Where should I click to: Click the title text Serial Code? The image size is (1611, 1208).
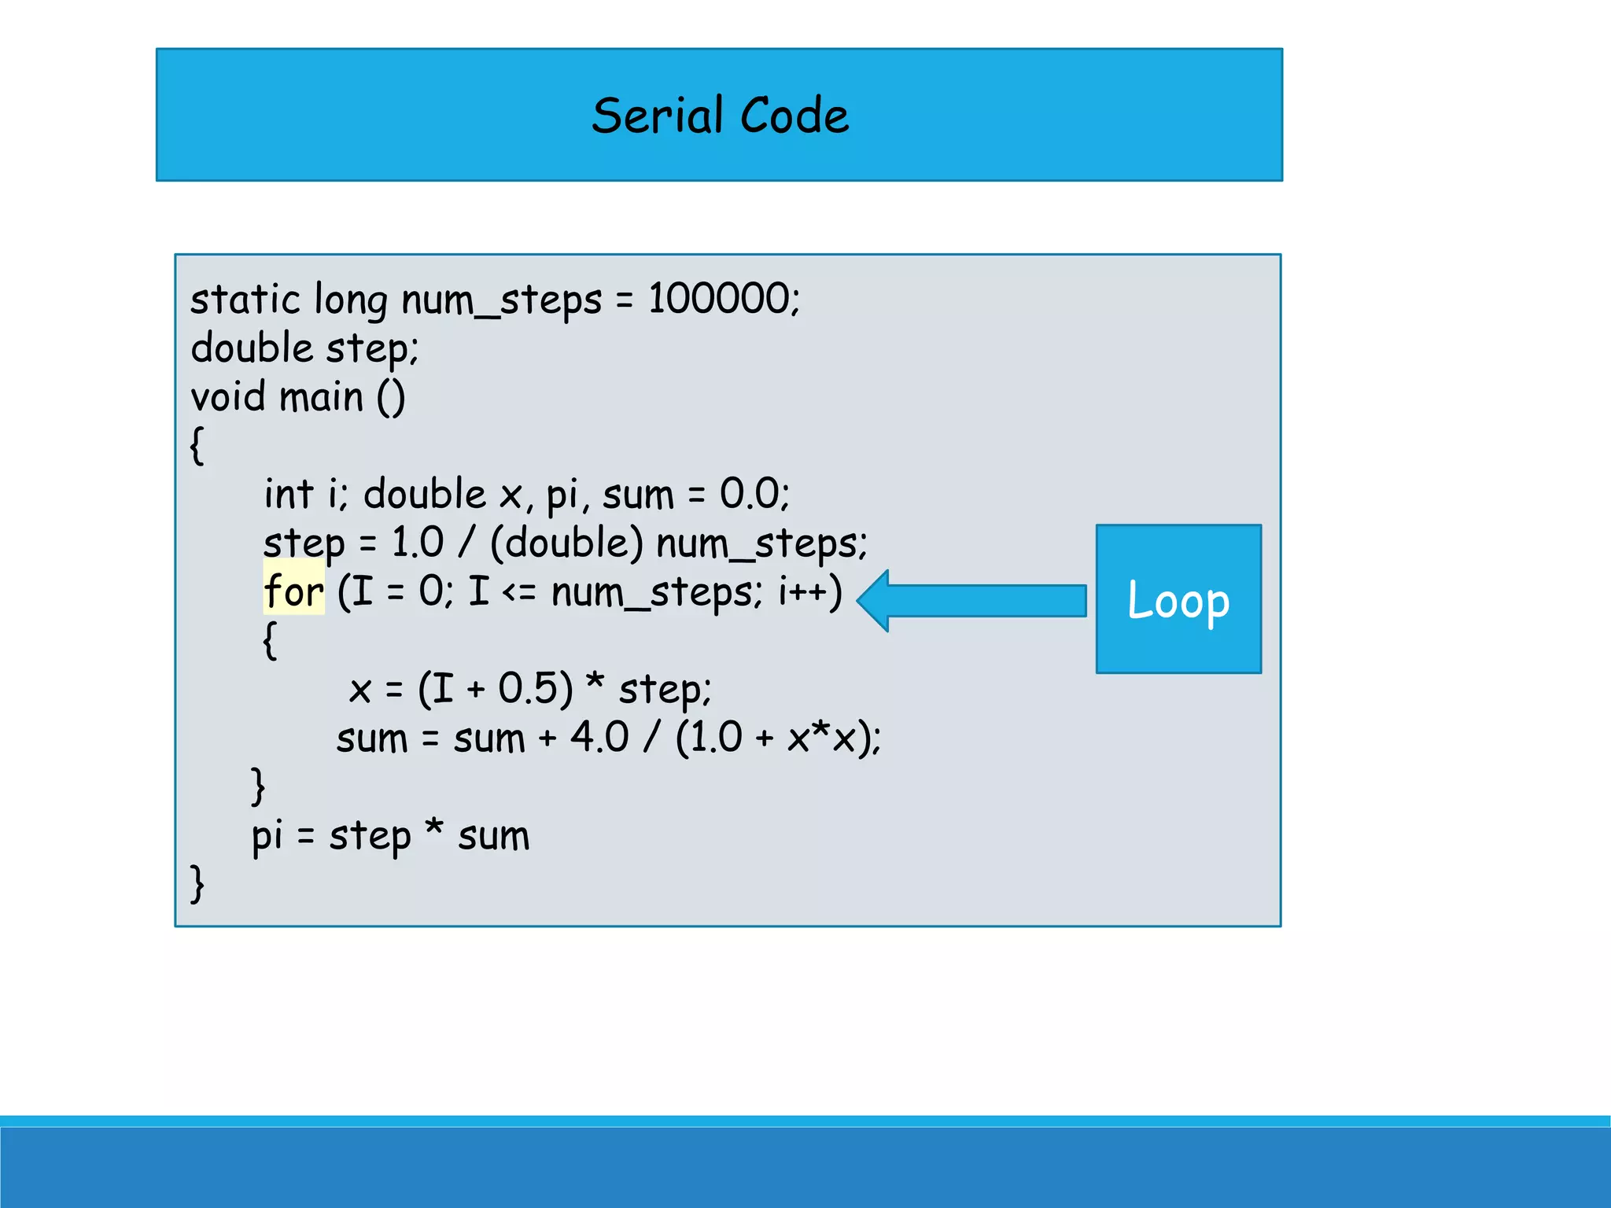(x=720, y=116)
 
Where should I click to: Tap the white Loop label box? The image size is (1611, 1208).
(x=1178, y=599)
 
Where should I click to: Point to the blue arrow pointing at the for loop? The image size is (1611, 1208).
(x=972, y=600)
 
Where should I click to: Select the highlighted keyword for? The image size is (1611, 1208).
(x=293, y=591)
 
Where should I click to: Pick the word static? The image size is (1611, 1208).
(x=245, y=300)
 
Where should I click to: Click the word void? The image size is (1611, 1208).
(x=228, y=396)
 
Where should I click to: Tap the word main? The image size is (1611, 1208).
(x=321, y=396)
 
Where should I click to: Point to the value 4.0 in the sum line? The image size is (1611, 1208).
(x=599, y=737)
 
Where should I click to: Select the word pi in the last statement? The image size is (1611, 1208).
(x=267, y=836)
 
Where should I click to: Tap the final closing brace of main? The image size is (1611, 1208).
(x=197, y=883)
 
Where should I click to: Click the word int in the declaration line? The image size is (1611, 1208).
(x=288, y=494)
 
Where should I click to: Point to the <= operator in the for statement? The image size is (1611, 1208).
(x=519, y=592)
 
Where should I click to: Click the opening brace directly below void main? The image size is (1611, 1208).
(x=197, y=446)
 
